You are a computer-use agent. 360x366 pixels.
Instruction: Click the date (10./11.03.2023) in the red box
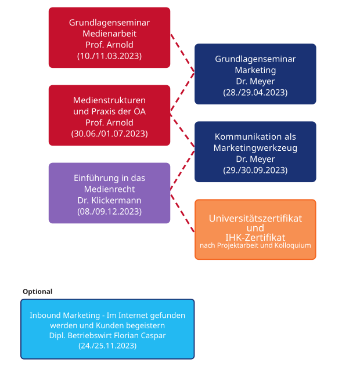pyautogui.click(x=109, y=56)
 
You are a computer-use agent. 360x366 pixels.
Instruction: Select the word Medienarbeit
pyautogui.click(x=109, y=34)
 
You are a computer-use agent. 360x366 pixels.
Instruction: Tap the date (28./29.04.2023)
pyautogui.click(x=255, y=92)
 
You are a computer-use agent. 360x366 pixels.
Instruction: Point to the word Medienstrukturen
pyautogui.click(x=109, y=100)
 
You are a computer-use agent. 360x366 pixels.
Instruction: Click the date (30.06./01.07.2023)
pyautogui.click(x=109, y=134)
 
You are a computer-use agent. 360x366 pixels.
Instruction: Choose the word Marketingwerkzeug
pyautogui.click(x=255, y=148)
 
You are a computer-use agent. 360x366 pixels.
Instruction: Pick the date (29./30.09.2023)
pyautogui.click(x=255, y=170)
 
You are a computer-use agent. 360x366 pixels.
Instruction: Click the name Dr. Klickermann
pyautogui.click(x=109, y=200)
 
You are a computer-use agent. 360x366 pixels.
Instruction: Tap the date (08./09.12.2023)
pyautogui.click(x=109, y=212)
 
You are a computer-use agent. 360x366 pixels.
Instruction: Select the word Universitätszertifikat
pyautogui.click(x=255, y=219)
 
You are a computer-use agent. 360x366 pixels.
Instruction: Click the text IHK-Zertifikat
pyautogui.click(x=255, y=237)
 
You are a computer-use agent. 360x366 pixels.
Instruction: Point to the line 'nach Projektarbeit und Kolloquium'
pyautogui.click(x=255, y=245)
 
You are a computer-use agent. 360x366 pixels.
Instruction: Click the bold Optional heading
pyautogui.click(x=37, y=292)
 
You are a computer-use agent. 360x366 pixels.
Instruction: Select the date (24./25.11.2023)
pyautogui.click(x=107, y=346)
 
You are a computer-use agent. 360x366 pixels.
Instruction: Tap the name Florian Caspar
pyautogui.click(x=140, y=335)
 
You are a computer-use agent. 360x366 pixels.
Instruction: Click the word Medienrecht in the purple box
pyautogui.click(x=109, y=189)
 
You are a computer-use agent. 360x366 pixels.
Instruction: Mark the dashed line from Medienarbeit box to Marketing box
pyautogui.click(x=182, y=53)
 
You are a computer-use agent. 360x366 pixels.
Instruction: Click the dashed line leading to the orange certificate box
pyautogui.click(x=182, y=213)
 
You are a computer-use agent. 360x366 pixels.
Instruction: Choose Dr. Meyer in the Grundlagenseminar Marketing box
pyautogui.click(x=255, y=81)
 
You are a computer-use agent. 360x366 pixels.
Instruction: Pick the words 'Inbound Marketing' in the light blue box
pyautogui.click(x=64, y=316)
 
